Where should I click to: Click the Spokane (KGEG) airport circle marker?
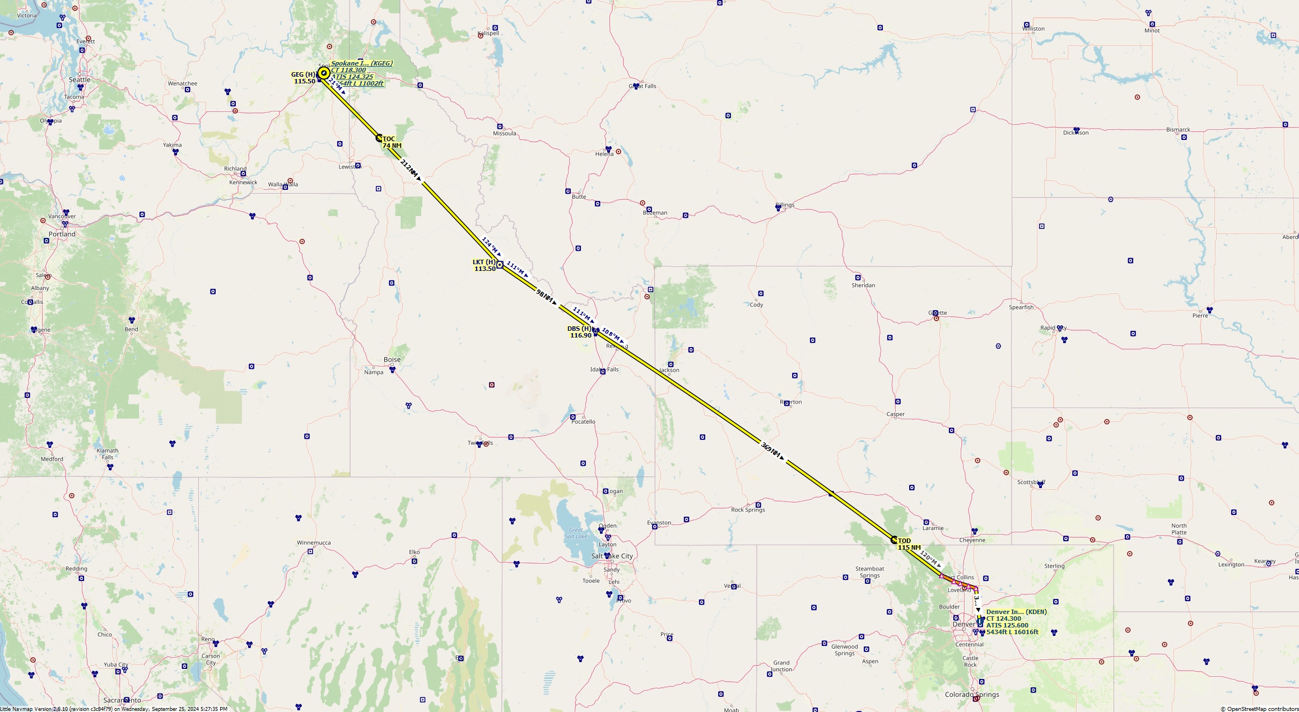(x=324, y=73)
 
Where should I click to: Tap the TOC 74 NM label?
(x=392, y=142)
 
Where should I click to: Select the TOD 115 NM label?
(x=909, y=544)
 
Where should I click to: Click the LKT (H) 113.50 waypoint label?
(x=485, y=265)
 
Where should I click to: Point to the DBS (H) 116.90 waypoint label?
(x=580, y=332)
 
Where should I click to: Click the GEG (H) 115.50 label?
(x=304, y=78)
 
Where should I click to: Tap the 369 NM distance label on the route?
(x=771, y=451)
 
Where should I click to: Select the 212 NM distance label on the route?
(x=409, y=169)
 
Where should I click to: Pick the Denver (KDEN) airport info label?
(x=1013, y=622)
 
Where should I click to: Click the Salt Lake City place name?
(x=612, y=556)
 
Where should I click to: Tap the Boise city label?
(x=392, y=359)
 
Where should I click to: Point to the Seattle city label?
(x=80, y=79)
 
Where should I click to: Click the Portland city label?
(x=62, y=234)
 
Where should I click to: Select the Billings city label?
(x=785, y=205)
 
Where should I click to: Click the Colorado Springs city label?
(x=972, y=695)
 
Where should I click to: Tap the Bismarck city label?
(x=1178, y=130)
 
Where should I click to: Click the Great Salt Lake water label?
(x=576, y=533)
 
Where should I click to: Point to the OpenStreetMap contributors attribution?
(x=1259, y=709)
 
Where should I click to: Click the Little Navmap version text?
(x=114, y=709)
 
